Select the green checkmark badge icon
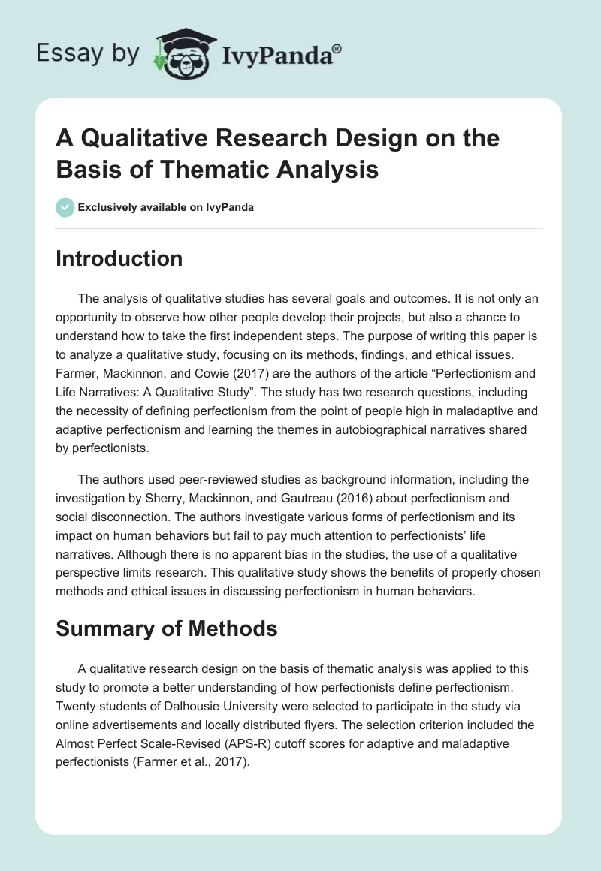point(65,207)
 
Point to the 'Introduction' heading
point(119,258)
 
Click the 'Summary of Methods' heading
point(167,628)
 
